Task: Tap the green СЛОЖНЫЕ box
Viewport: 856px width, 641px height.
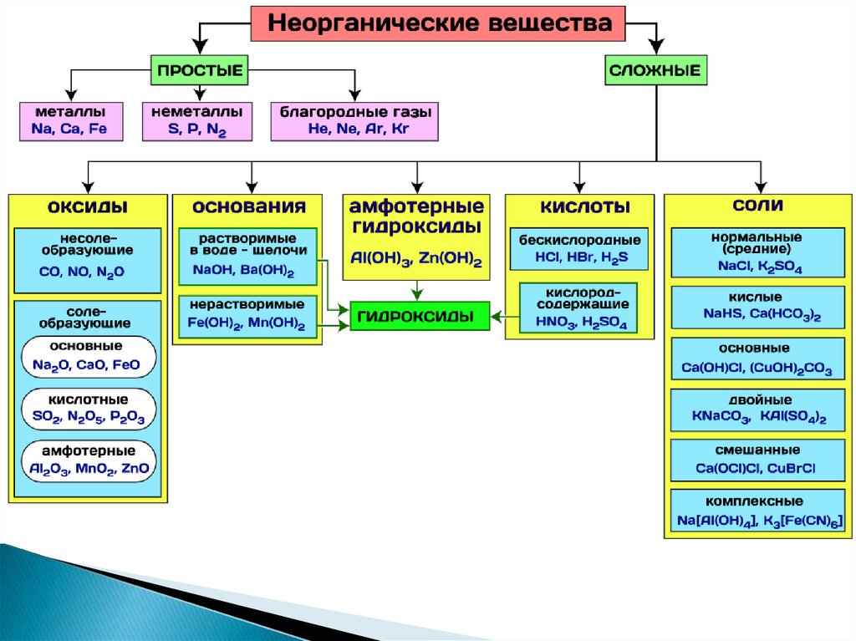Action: point(655,70)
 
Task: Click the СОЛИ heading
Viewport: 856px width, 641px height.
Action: point(757,203)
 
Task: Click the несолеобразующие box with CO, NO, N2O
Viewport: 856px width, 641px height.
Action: point(88,258)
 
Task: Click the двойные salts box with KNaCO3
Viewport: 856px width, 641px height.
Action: point(759,409)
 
